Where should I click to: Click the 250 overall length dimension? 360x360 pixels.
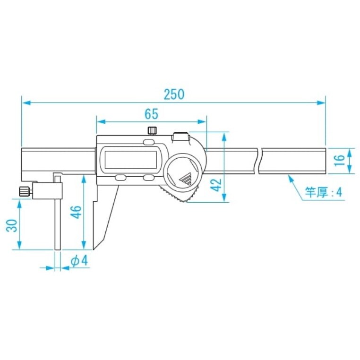point(174,94)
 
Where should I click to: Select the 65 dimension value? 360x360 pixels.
point(151,114)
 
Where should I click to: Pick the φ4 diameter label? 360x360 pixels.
point(79,261)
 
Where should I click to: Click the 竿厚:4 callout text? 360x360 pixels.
point(323,192)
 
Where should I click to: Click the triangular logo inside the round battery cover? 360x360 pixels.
point(186,179)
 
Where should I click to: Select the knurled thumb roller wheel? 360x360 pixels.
point(180,197)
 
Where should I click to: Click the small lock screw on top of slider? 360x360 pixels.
point(152,130)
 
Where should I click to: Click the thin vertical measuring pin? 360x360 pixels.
point(58,222)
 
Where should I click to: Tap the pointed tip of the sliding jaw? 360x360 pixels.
point(95,247)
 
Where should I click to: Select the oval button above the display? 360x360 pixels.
point(148,142)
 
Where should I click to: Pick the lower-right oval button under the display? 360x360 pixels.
point(148,178)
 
